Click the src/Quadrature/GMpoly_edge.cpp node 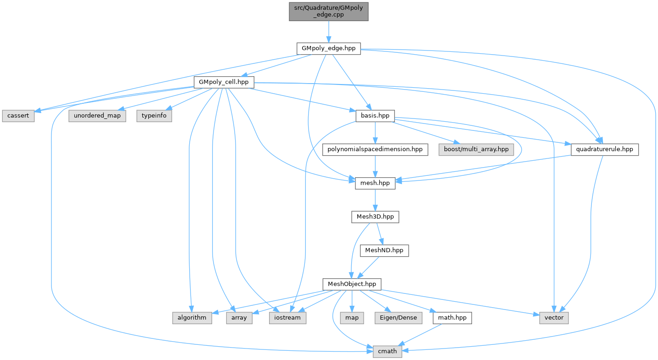(x=328, y=11)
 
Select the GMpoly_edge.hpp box (x=328, y=48)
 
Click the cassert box (x=17, y=116)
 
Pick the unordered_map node (x=97, y=116)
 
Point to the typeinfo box (x=154, y=116)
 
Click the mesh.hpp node (x=375, y=183)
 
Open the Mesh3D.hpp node (x=375, y=217)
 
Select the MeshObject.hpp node (x=352, y=284)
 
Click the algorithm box (x=192, y=318)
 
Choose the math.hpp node (x=451, y=318)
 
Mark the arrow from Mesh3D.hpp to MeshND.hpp (x=380, y=234)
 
